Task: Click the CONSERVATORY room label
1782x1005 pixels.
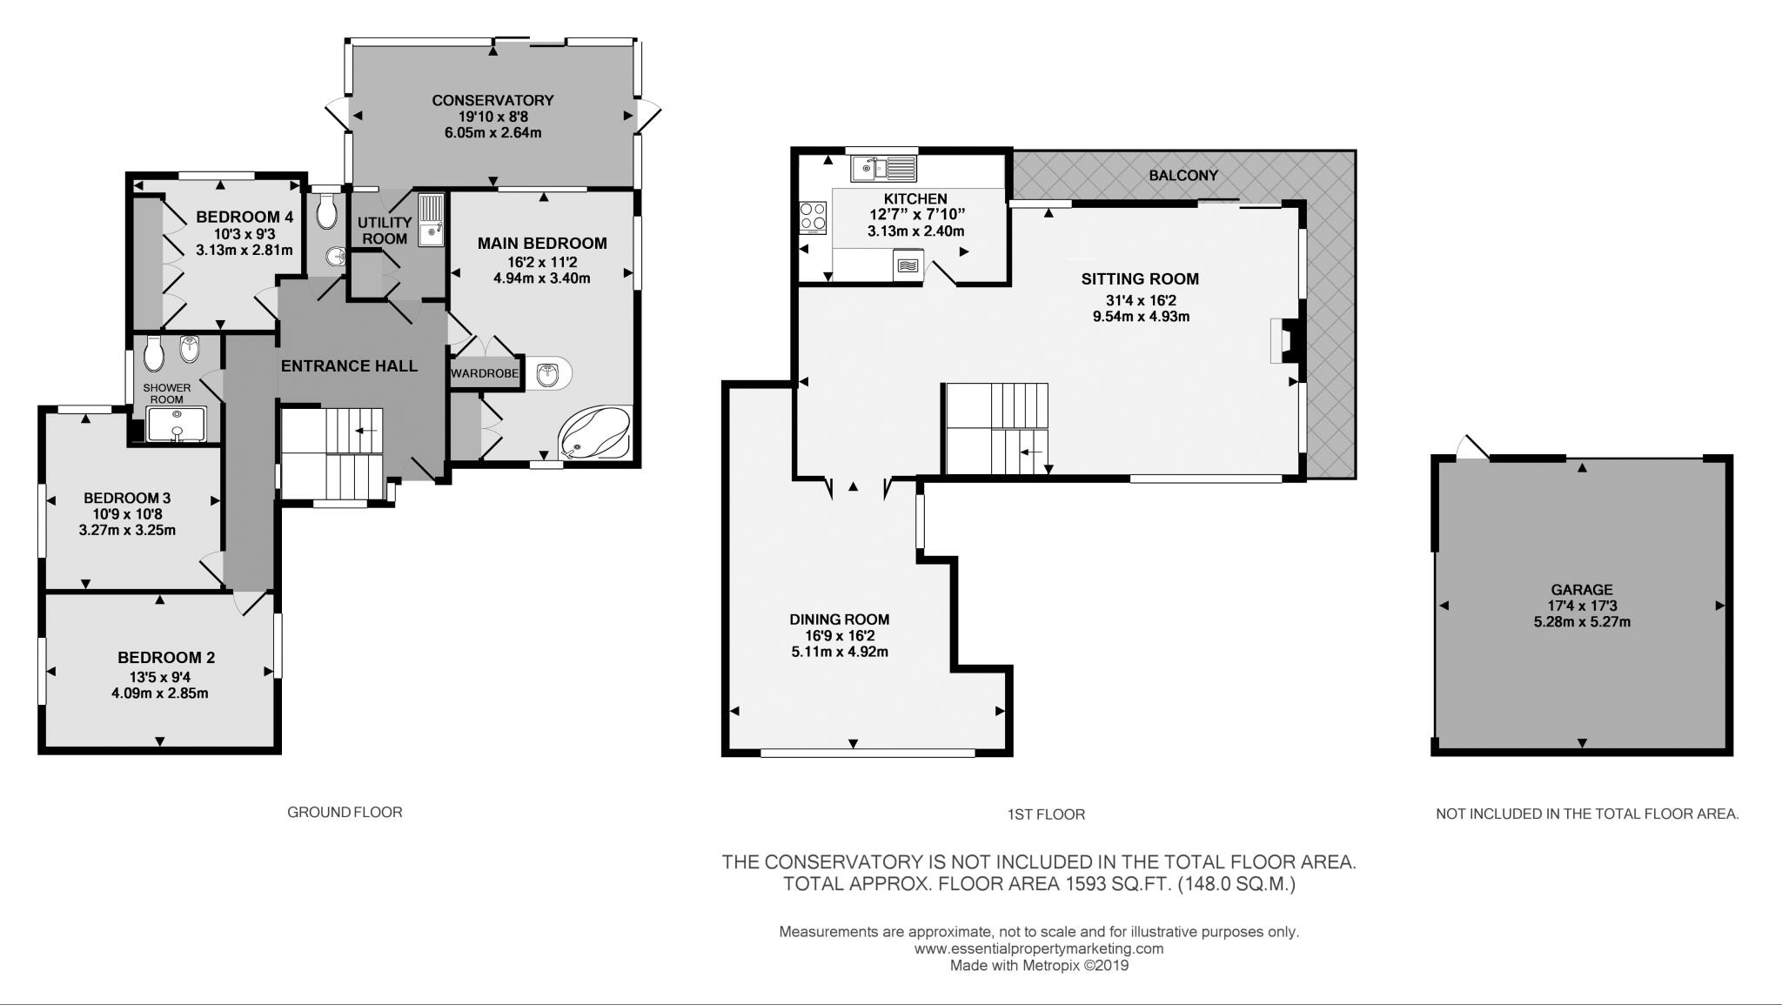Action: point(492,100)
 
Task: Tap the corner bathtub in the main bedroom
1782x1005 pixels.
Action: point(595,432)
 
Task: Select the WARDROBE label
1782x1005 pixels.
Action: point(485,373)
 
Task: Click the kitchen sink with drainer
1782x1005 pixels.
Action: point(884,167)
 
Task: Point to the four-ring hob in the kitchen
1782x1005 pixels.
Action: point(814,218)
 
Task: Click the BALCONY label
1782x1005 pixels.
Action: point(1182,175)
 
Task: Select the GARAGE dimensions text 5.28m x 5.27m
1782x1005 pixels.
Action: point(1581,622)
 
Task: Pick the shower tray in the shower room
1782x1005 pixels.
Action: point(177,424)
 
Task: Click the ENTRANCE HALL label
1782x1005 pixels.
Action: point(349,366)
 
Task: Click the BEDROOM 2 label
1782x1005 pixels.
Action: point(166,658)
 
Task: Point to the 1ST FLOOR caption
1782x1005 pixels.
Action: point(1046,814)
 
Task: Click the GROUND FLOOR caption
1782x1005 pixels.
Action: point(345,812)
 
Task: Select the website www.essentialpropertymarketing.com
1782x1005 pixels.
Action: point(1038,948)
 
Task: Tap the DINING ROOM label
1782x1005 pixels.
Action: point(839,620)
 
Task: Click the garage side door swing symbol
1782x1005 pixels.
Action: point(1472,446)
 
